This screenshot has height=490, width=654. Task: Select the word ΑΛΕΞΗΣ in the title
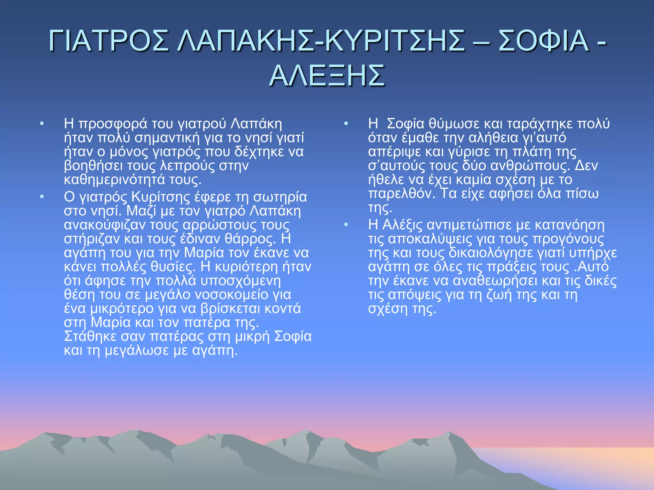tap(327, 76)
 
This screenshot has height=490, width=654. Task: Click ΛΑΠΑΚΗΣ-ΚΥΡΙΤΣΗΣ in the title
tap(321, 41)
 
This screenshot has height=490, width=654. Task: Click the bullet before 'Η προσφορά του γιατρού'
tap(42, 124)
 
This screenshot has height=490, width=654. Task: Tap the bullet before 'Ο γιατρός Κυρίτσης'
tap(42, 197)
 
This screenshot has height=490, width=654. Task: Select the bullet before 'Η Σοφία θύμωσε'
tap(346, 124)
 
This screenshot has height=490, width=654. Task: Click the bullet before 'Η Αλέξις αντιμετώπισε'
tap(346, 225)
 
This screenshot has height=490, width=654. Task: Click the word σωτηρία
tap(280, 197)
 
